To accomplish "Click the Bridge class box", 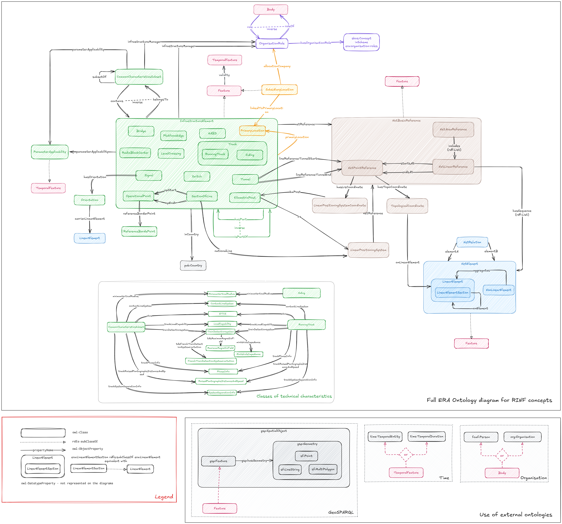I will tap(141, 131).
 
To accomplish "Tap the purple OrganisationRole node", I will tap(272, 43).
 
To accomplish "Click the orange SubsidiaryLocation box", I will tap(279, 90).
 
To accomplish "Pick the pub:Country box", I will tap(193, 266).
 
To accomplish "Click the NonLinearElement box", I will tap(498, 290).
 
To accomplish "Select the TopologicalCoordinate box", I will tap(407, 206).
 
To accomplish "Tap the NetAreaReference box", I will tap(453, 129).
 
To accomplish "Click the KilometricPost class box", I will tap(245, 198).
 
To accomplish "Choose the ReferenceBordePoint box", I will tap(139, 231).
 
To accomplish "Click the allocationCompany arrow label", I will tap(277, 66).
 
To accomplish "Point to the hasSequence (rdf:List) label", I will tap(522, 213).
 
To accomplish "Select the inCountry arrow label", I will tap(191, 234).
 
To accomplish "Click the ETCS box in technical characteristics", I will tap(222, 314).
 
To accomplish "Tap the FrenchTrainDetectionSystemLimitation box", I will tap(211, 361).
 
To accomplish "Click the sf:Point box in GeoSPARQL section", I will tap(306, 456).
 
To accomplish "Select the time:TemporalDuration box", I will tap(427, 436).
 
